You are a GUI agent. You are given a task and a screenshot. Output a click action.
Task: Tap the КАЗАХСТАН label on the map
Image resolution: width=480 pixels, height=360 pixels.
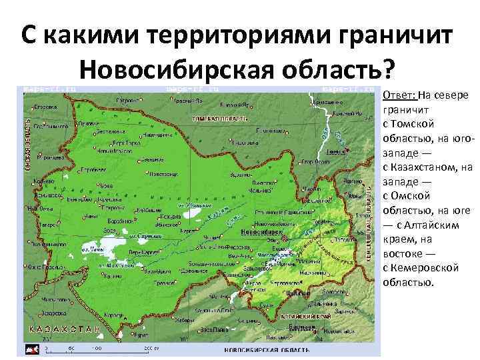(64, 330)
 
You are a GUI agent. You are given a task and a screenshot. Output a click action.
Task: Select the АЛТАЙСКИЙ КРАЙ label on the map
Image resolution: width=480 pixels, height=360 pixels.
(308, 317)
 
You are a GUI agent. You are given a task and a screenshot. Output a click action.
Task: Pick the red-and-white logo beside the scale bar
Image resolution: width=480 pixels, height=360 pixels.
(32, 349)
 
